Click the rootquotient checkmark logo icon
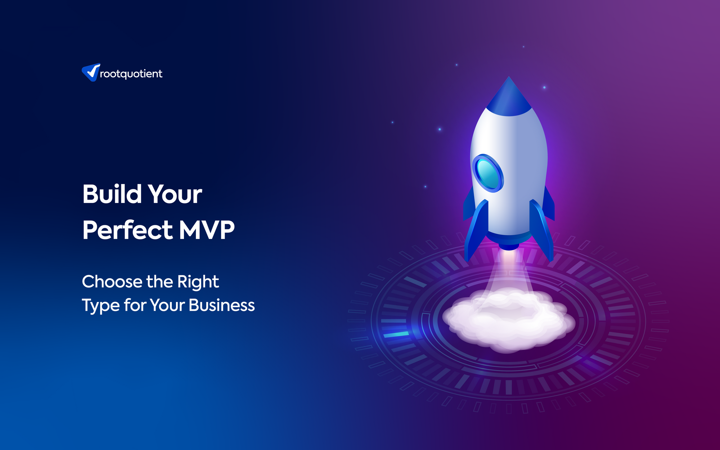pyautogui.click(x=91, y=72)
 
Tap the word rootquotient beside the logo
pyautogui.click(x=131, y=74)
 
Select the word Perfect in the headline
pyautogui.click(x=128, y=230)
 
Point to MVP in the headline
pyautogui.click(x=207, y=230)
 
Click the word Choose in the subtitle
pyautogui.click(x=112, y=282)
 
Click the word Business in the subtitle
pyautogui.click(x=222, y=305)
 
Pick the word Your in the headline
pyautogui.click(x=175, y=194)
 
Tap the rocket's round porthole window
pyautogui.click(x=488, y=173)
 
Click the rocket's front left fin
pyautogui.click(x=476, y=230)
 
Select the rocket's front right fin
pyautogui.click(x=541, y=230)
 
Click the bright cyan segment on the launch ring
pyautogui.click(x=396, y=334)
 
